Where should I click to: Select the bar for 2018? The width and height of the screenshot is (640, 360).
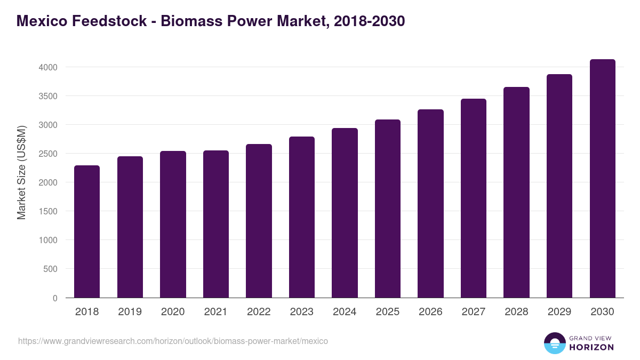pyautogui.click(x=87, y=231)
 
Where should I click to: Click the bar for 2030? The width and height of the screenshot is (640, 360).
pyautogui.click(x=602, y=179)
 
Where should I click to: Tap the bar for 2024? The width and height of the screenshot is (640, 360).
pyautogui.click(x=345, y=213)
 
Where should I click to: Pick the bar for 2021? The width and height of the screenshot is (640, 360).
pyautogui.click(x=216, y=224)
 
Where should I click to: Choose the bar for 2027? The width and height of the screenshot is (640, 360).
pyautogui.click(x=474, y=198)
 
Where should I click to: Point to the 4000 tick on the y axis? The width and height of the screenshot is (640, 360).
pyautogui.click(x=47, y=68)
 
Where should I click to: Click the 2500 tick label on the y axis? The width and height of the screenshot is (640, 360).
pyautogui.click(x=47, y=154)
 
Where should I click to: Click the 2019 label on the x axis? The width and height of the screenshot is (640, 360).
pyautogui.click(x=130, y=312)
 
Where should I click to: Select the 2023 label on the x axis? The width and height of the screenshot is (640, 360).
pyautogui.click(x=301, y=312)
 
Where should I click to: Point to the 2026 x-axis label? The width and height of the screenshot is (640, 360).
pyautogui.click(x=430, y=312)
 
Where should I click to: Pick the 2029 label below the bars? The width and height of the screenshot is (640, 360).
pyautogui.click(x=559, y=312)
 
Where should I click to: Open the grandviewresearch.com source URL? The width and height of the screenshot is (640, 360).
pyautogui.click(x=173, y=341)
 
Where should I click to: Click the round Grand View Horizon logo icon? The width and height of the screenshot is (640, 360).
pyautogui.click(x=555, y=343)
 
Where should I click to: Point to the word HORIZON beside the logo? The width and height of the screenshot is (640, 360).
pyautogui.click(x=591, y=347)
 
